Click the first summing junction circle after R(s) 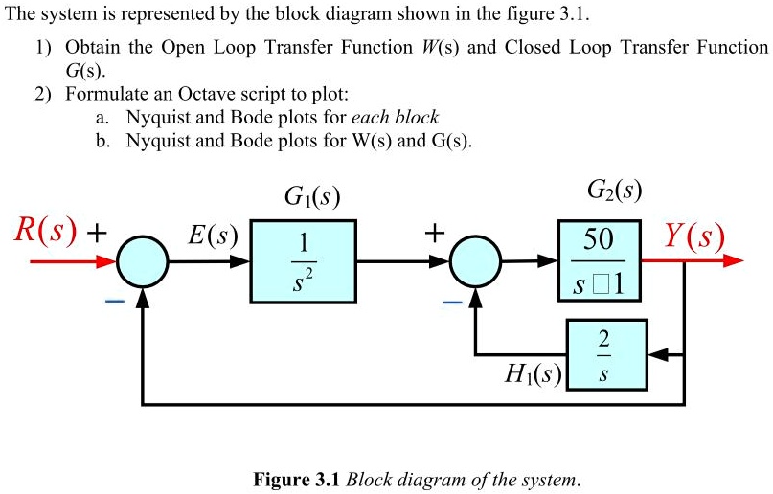point(143,260)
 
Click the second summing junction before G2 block point(476,260)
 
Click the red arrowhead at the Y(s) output point(733,260)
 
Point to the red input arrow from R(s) point(67,260)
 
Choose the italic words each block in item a point(395,118)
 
